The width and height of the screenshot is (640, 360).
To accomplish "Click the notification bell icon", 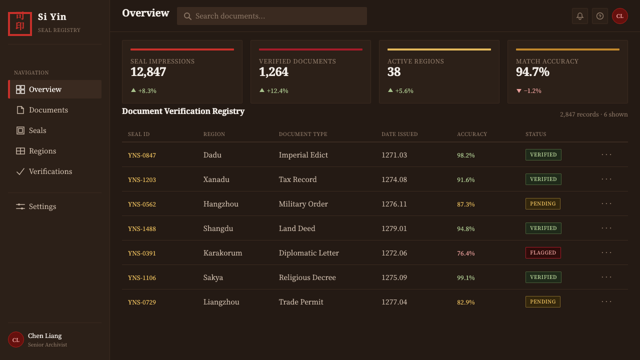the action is click(x=579, y=16).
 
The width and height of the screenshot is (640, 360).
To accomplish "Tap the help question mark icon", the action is click(x=599, y=16).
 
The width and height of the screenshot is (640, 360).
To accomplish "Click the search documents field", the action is click(x=271, y=16).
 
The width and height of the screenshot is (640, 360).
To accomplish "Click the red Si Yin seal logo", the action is click(x=20, y=23).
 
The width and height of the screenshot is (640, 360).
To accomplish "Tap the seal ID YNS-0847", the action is click(x=141, y=155).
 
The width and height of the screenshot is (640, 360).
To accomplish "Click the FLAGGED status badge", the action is click(x=543, y=253).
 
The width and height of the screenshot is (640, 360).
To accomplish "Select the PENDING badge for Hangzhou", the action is click(x=542, y=203).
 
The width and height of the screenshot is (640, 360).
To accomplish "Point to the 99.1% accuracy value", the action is click(x=465, y=277).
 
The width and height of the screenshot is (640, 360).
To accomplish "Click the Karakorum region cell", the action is click(x=222, y=253).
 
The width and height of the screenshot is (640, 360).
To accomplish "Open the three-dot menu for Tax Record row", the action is click(x=606, y=179).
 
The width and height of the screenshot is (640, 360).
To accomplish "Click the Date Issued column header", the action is click(x=399, y=134).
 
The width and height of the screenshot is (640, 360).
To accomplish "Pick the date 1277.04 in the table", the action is click(x=394, y=302).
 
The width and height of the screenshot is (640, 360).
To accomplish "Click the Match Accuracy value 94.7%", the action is click(x=532, y=71).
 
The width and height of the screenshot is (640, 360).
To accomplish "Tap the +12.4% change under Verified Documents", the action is click(x=277, y=91).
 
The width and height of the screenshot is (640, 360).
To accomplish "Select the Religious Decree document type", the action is click(x=307, y=277).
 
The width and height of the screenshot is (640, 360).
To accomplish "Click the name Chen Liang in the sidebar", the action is click(x=45, y=335).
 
